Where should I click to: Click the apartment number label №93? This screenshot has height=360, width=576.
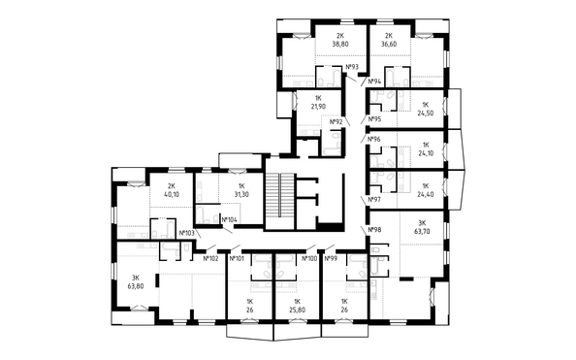(x=352, y=67)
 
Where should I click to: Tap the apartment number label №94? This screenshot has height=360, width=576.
(x=374, y=81)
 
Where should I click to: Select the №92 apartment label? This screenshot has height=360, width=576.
(x=336, y=122)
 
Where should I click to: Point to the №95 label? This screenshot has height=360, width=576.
(x=374, y=119)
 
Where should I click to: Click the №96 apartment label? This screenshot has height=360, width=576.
(x=374, y=140)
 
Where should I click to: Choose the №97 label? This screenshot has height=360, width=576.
(x=374, y=199)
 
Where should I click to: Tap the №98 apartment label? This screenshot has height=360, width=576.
(x=374, y=229)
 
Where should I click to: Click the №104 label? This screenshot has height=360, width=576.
(x=230, y=220)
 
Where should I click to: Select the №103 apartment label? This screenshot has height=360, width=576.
(x=186, y=233)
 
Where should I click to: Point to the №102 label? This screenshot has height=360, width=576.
(x=210, y=258)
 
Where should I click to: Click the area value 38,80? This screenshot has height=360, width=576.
(x=340, y=44)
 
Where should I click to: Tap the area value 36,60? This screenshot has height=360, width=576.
(x=389, y=44)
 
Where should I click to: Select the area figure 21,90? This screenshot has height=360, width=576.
(x=318, y=107)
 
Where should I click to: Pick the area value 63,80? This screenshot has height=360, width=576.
(x=136, y=286)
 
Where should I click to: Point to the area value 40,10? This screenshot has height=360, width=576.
(x=171, y=194)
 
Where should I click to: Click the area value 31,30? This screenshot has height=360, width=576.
(x=241, y=194)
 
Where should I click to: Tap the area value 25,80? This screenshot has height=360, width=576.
(x=297, y=310)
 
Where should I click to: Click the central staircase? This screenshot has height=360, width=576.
(x=279, y=202)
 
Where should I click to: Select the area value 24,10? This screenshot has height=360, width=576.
(x=426, y=153)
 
